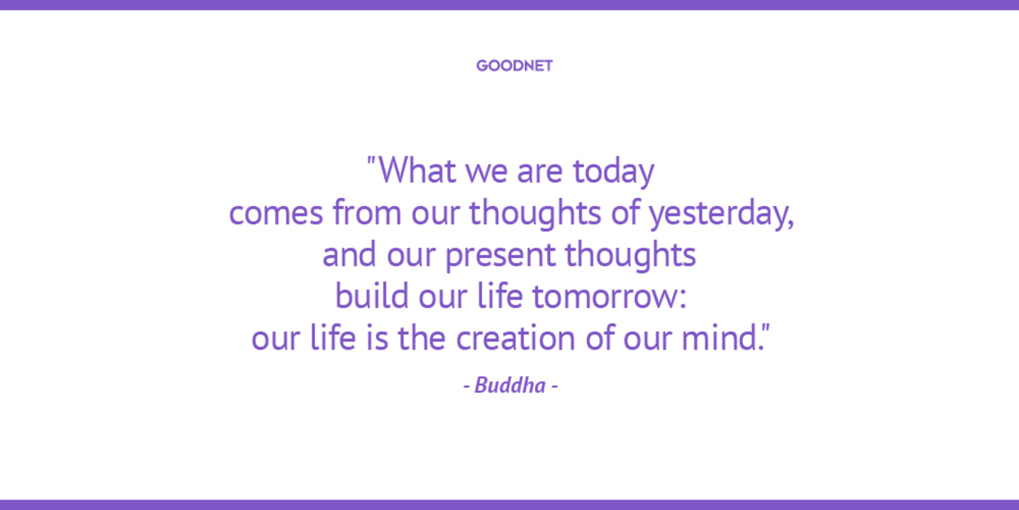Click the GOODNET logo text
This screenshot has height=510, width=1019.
click(514, 66)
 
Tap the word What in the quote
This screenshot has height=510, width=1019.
click(418, 170)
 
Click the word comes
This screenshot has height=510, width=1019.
click(276, 213)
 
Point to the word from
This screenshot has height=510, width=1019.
click(367, 212)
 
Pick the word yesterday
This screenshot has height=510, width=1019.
click(719, 214)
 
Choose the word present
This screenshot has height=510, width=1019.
click(501, 256)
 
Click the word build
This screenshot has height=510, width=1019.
click(372, 296)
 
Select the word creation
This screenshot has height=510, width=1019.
click(516, 338)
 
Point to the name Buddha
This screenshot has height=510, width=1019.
click(510, 385)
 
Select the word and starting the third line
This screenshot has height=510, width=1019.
click(349, 254)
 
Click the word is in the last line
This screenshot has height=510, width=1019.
click(377, 338)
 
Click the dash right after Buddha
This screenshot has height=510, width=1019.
click(554, 387)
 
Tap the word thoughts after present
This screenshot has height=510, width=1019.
click(631, 255)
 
